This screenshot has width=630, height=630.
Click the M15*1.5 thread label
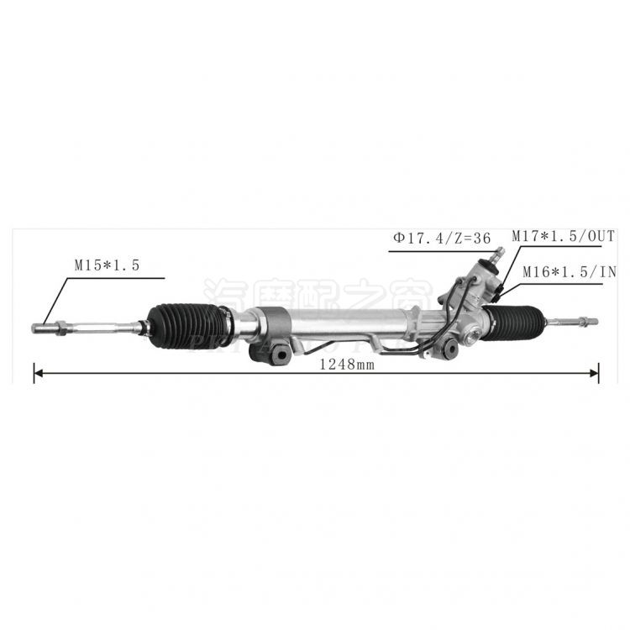click(x=106, y=264)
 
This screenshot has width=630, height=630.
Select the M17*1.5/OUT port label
click(x=563, y=239)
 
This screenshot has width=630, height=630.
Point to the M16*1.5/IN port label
click(x=569, y=271)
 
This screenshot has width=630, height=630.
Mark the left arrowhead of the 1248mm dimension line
click(x=37, y=372)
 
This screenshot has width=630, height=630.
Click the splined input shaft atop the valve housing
click(x=497, y=253)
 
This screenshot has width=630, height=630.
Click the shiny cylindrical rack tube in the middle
click(x=353, y=323)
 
